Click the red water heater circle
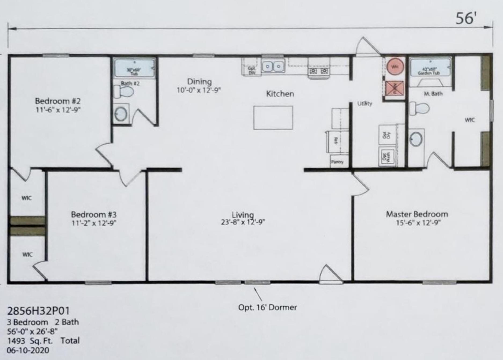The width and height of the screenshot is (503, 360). (395, 67)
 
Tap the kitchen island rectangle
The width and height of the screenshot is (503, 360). (273, 117)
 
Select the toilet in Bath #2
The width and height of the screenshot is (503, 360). (124, 92)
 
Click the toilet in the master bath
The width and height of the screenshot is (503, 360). (419, 108)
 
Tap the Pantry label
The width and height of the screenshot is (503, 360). (337, 162)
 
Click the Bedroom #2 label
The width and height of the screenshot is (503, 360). (58, 101)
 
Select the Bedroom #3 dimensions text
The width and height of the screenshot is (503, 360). (94, 223)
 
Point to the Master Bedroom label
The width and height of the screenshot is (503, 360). (417, 214)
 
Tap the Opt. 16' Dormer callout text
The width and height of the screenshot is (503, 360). (267, 307)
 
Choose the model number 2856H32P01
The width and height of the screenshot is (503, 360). (38, 311)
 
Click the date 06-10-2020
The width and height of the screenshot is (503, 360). (28, 350)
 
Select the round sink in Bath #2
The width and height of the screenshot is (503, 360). (121, 115)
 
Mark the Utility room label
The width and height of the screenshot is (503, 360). (365, 104)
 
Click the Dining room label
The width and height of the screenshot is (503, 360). (199, 82)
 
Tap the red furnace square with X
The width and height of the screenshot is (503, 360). (395, 88)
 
